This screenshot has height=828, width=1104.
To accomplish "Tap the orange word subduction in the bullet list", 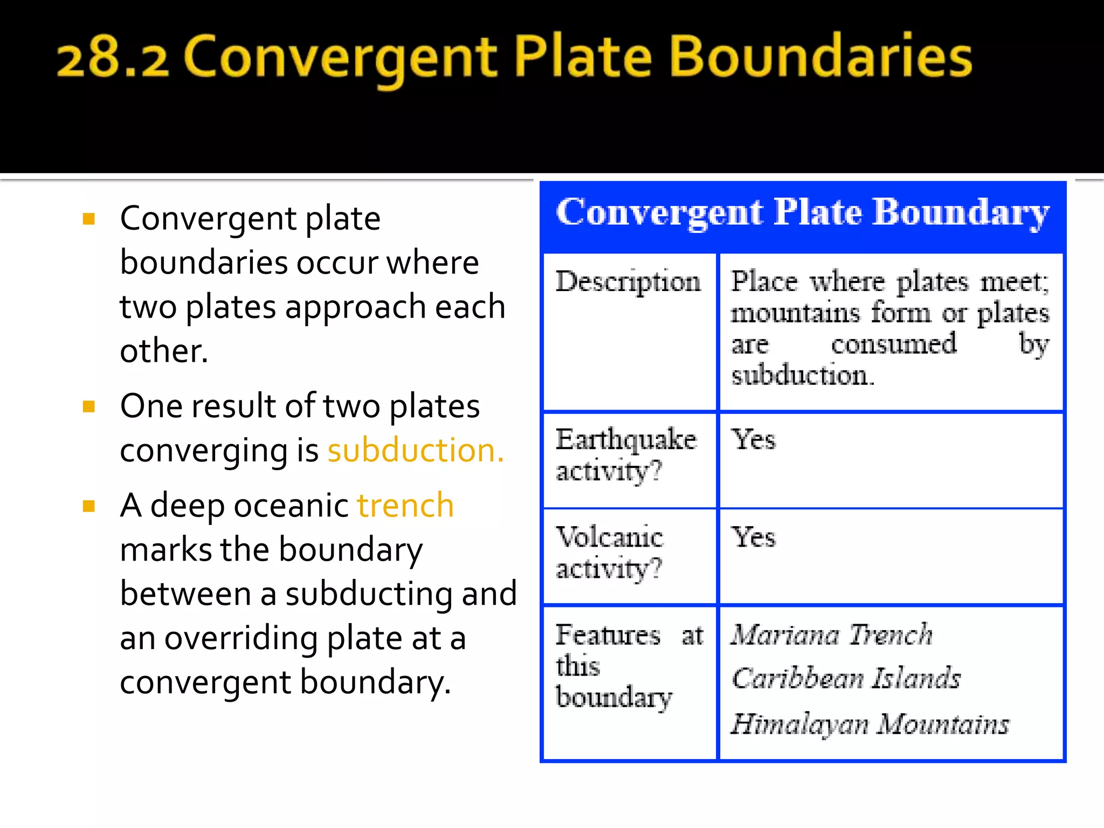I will [x=415, y=450].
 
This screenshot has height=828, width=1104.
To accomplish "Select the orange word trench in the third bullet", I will [x=405, y=506].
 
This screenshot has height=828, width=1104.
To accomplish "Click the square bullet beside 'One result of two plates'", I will [x=89, y=406].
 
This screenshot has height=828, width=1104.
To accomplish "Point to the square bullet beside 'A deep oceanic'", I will [x=89, y=506].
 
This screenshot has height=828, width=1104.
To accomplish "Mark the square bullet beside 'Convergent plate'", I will [x=89, y=218].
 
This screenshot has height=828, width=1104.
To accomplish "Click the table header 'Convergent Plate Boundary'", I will [x=803, y=212].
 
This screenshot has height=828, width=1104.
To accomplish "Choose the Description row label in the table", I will [x=628, y=281].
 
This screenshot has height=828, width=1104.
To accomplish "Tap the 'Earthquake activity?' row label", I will [x=625, y=454].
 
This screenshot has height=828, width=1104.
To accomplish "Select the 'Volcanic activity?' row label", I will [x=609, y=552].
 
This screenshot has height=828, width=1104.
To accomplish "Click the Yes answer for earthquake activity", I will [x=753, y=439].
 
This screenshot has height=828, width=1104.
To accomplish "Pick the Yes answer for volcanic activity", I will [x=753, y=537].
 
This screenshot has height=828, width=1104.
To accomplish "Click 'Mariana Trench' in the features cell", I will [x=832, y=634].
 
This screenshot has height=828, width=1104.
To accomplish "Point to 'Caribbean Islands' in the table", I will [x=846, y=678].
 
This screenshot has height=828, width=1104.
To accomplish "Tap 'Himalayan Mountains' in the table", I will [x=870, y=724].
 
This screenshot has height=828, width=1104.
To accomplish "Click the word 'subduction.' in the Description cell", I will [x=802, y=375].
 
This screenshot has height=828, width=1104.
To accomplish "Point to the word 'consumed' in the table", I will [x=894, y=344].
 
